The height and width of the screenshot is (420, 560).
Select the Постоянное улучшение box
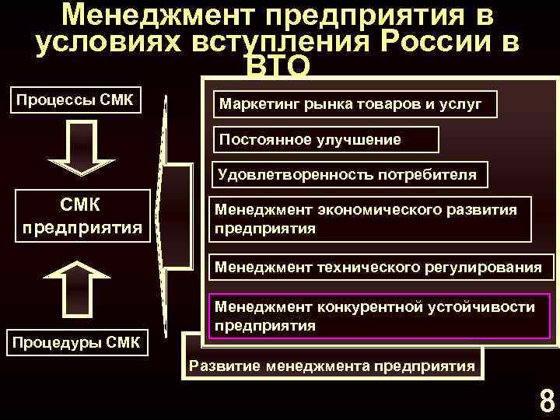pos(326,140)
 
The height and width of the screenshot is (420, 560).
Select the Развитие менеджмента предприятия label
pos(332,366)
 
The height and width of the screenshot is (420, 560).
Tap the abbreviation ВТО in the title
pos(278,68)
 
